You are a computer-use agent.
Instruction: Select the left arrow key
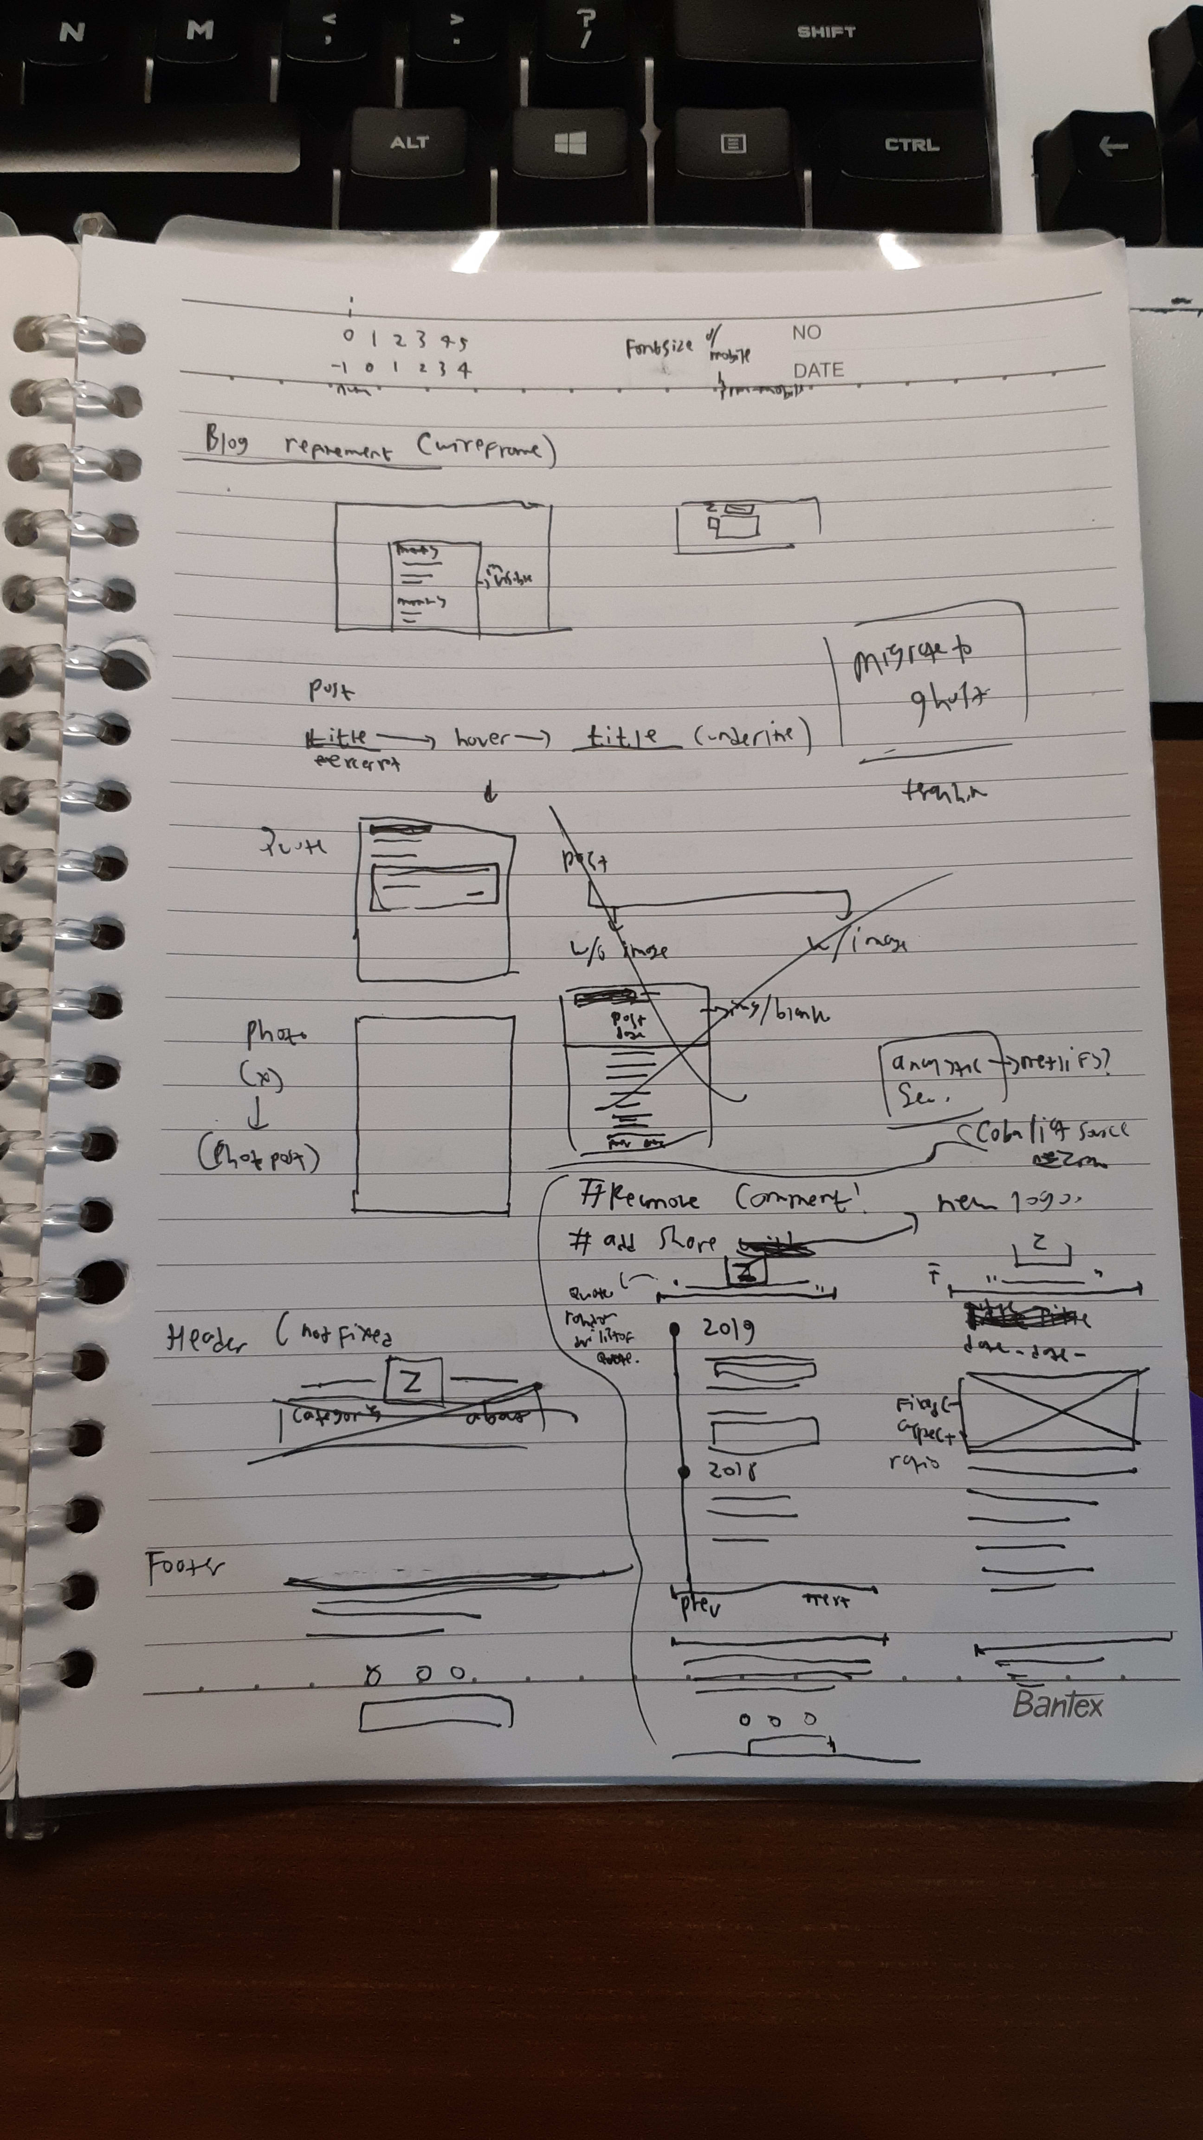click(x=1112, y=147)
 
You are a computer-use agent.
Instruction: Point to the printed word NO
click(x=805, y=333)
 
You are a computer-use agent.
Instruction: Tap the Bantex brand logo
click(x=1057, y=1705)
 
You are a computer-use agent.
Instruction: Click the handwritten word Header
click(x=206, y=1340)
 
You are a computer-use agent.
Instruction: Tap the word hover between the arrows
click(x=482, y=737)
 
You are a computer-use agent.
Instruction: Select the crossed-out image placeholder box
click(x=1051, y=1410)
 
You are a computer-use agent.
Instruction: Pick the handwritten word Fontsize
click(x=659, y=346)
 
